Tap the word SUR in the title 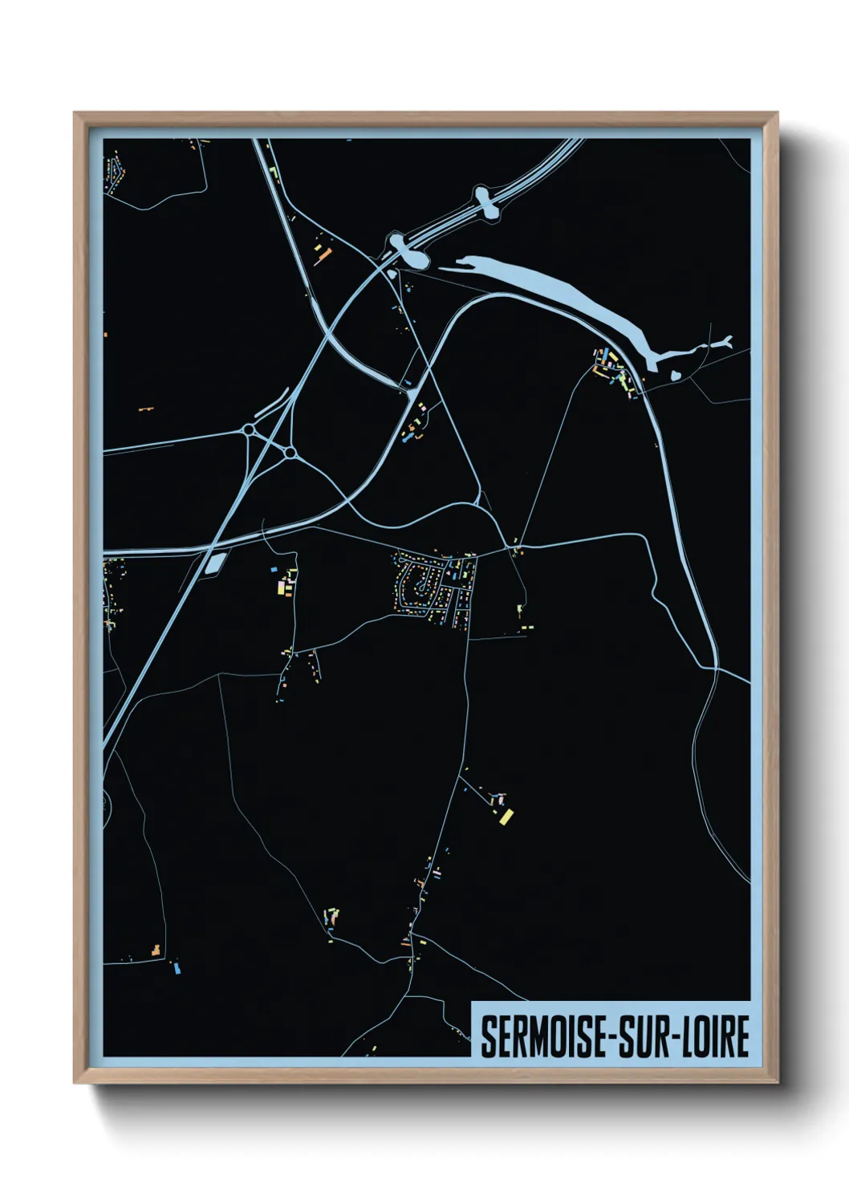647,1036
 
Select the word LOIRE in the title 716,1036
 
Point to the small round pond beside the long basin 676,373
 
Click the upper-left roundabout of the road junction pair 250,431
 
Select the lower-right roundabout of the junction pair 290,454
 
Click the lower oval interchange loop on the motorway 409,251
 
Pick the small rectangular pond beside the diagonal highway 213,562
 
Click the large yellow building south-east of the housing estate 506,817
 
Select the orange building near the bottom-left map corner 156,950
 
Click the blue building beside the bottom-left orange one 177,968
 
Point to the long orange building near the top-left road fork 323,256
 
